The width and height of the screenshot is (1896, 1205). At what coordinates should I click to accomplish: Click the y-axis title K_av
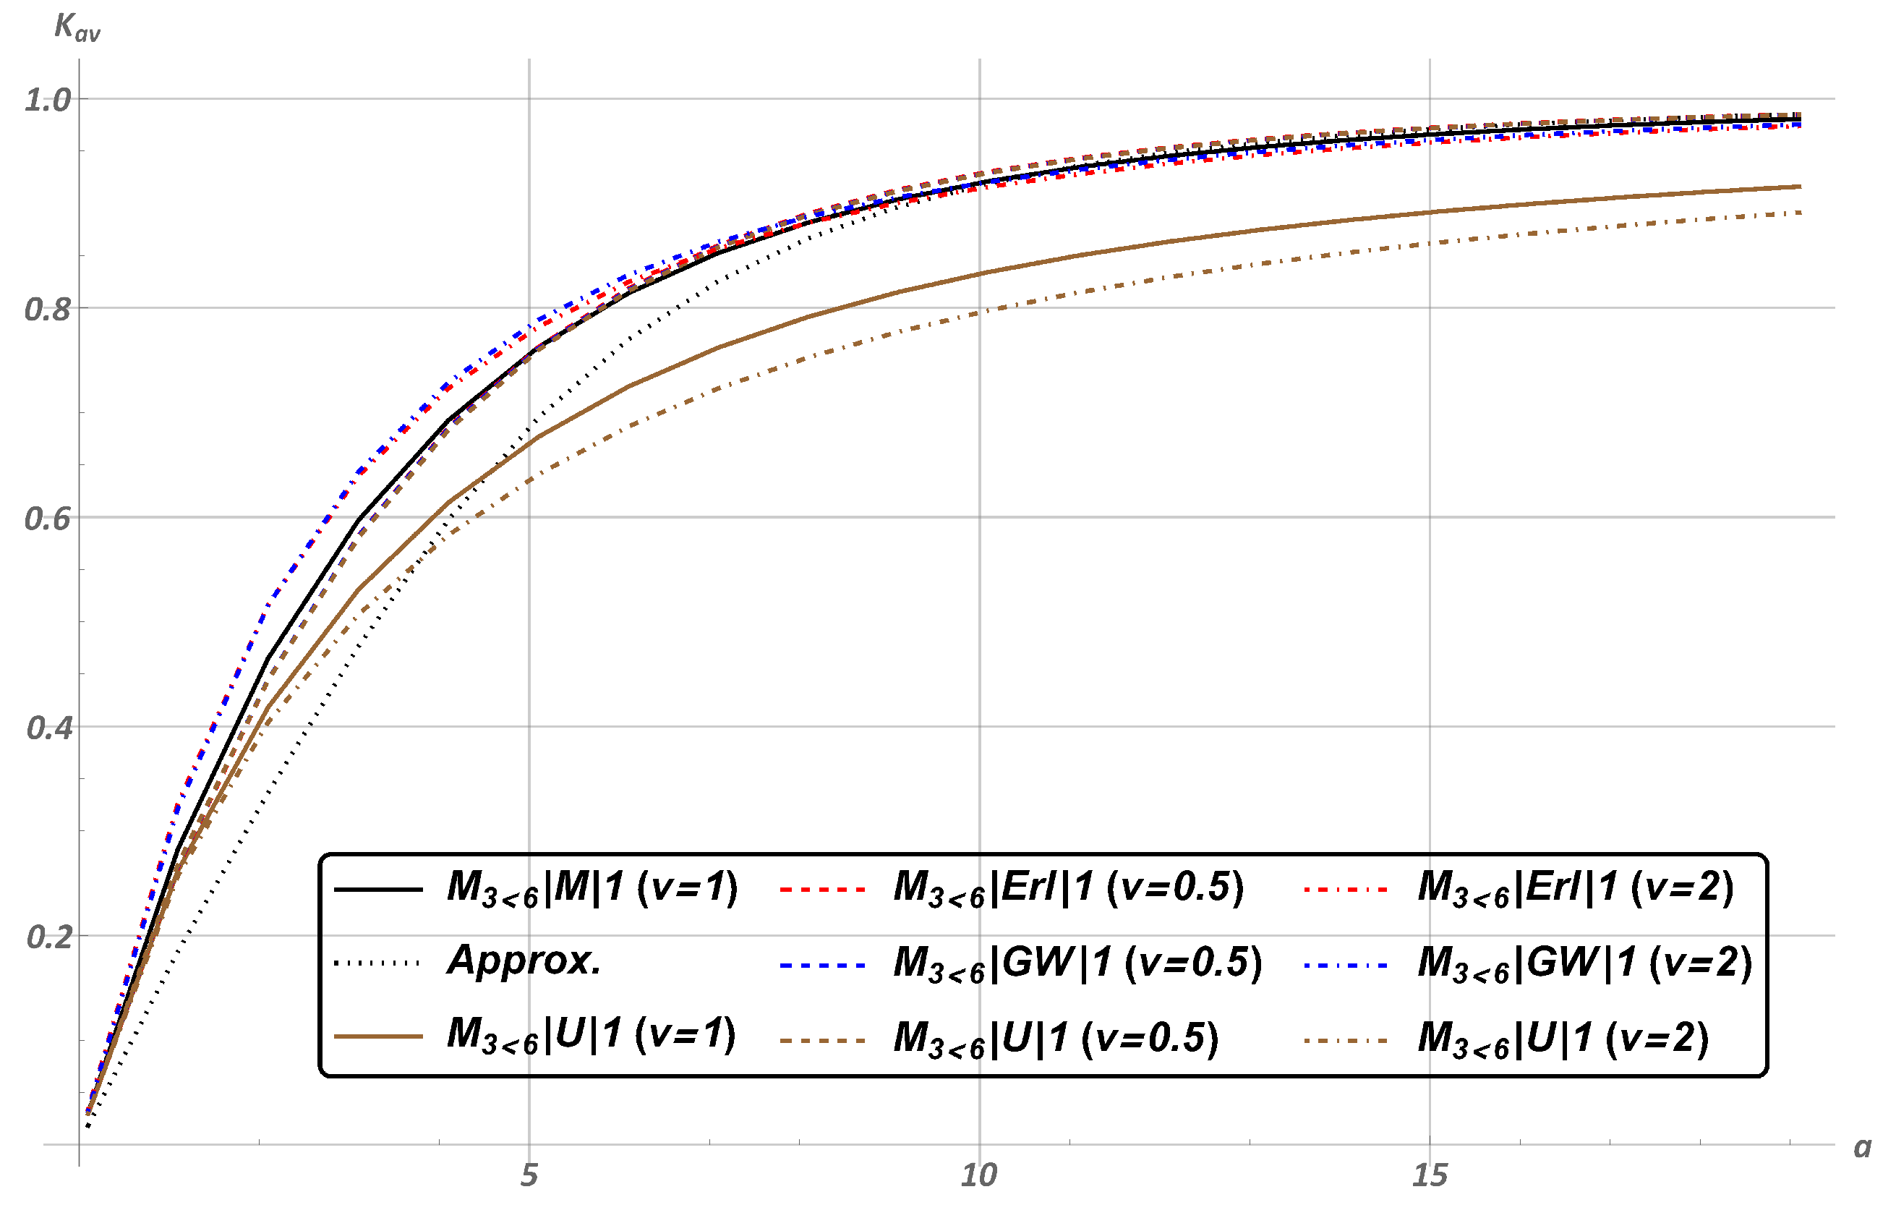77,27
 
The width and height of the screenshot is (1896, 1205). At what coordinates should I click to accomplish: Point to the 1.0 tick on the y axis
47,100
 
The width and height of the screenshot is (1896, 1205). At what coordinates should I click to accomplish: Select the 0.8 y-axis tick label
47,310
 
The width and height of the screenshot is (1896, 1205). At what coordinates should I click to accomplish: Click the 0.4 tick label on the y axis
47,728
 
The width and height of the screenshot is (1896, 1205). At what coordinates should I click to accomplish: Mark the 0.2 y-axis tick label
47,937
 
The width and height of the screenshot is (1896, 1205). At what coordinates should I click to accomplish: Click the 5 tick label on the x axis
529,1175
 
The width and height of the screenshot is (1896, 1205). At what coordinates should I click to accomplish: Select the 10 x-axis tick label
978,1175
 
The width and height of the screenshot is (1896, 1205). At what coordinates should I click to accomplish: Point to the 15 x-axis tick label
1429,1175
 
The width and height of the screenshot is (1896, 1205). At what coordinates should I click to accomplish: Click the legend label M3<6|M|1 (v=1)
592,889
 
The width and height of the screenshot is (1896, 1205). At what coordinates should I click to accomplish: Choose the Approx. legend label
524,961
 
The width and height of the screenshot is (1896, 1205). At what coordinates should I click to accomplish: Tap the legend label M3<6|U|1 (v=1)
592,1036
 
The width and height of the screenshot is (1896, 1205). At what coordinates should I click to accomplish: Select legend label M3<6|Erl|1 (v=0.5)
1069,889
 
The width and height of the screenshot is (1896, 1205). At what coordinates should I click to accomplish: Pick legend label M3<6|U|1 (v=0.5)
1056,1039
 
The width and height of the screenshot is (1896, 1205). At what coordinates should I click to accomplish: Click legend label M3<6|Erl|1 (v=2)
1576,889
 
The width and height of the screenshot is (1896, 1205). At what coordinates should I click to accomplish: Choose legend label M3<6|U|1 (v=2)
1563,1039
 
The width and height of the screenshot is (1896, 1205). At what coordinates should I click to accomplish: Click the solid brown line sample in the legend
379,1036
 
